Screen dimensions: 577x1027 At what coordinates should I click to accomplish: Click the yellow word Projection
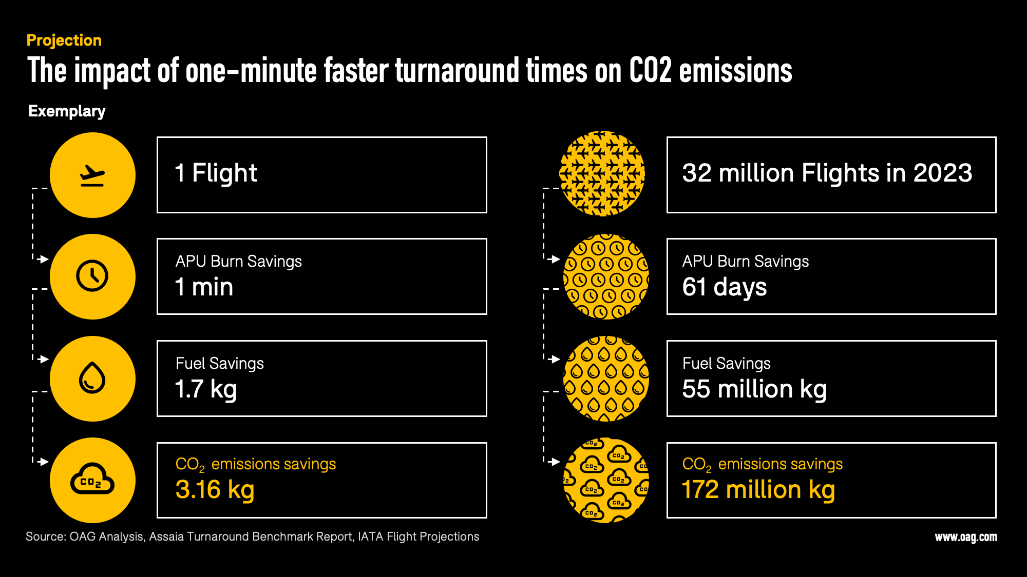click(64, 40)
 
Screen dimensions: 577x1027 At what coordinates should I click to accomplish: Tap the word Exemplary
click(67, 111)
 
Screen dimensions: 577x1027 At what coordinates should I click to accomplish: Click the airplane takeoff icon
click(92, 175)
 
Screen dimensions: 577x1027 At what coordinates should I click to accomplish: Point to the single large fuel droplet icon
click(92, 378)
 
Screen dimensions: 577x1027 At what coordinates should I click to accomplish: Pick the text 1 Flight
click(216, 173)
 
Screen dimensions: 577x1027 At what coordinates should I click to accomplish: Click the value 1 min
click(204, 287)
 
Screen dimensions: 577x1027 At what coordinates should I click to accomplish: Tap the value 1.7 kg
click(206, 389)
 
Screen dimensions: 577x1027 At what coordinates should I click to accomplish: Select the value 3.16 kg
click(215, 489)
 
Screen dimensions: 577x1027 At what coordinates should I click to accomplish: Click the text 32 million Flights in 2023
click(827, 173)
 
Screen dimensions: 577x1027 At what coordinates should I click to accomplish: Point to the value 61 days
click(725, 287)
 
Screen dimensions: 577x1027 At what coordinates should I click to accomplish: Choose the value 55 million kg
click(754, 389)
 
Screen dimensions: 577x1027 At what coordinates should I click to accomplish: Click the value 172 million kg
click(758, 489)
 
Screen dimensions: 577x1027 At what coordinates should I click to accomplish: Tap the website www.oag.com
click(966, 537)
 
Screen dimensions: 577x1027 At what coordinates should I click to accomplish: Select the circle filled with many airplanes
click(602, 173)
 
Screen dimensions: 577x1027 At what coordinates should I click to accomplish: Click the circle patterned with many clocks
click(606, 276)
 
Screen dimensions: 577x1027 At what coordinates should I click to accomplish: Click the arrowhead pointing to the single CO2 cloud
click(44, 462)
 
